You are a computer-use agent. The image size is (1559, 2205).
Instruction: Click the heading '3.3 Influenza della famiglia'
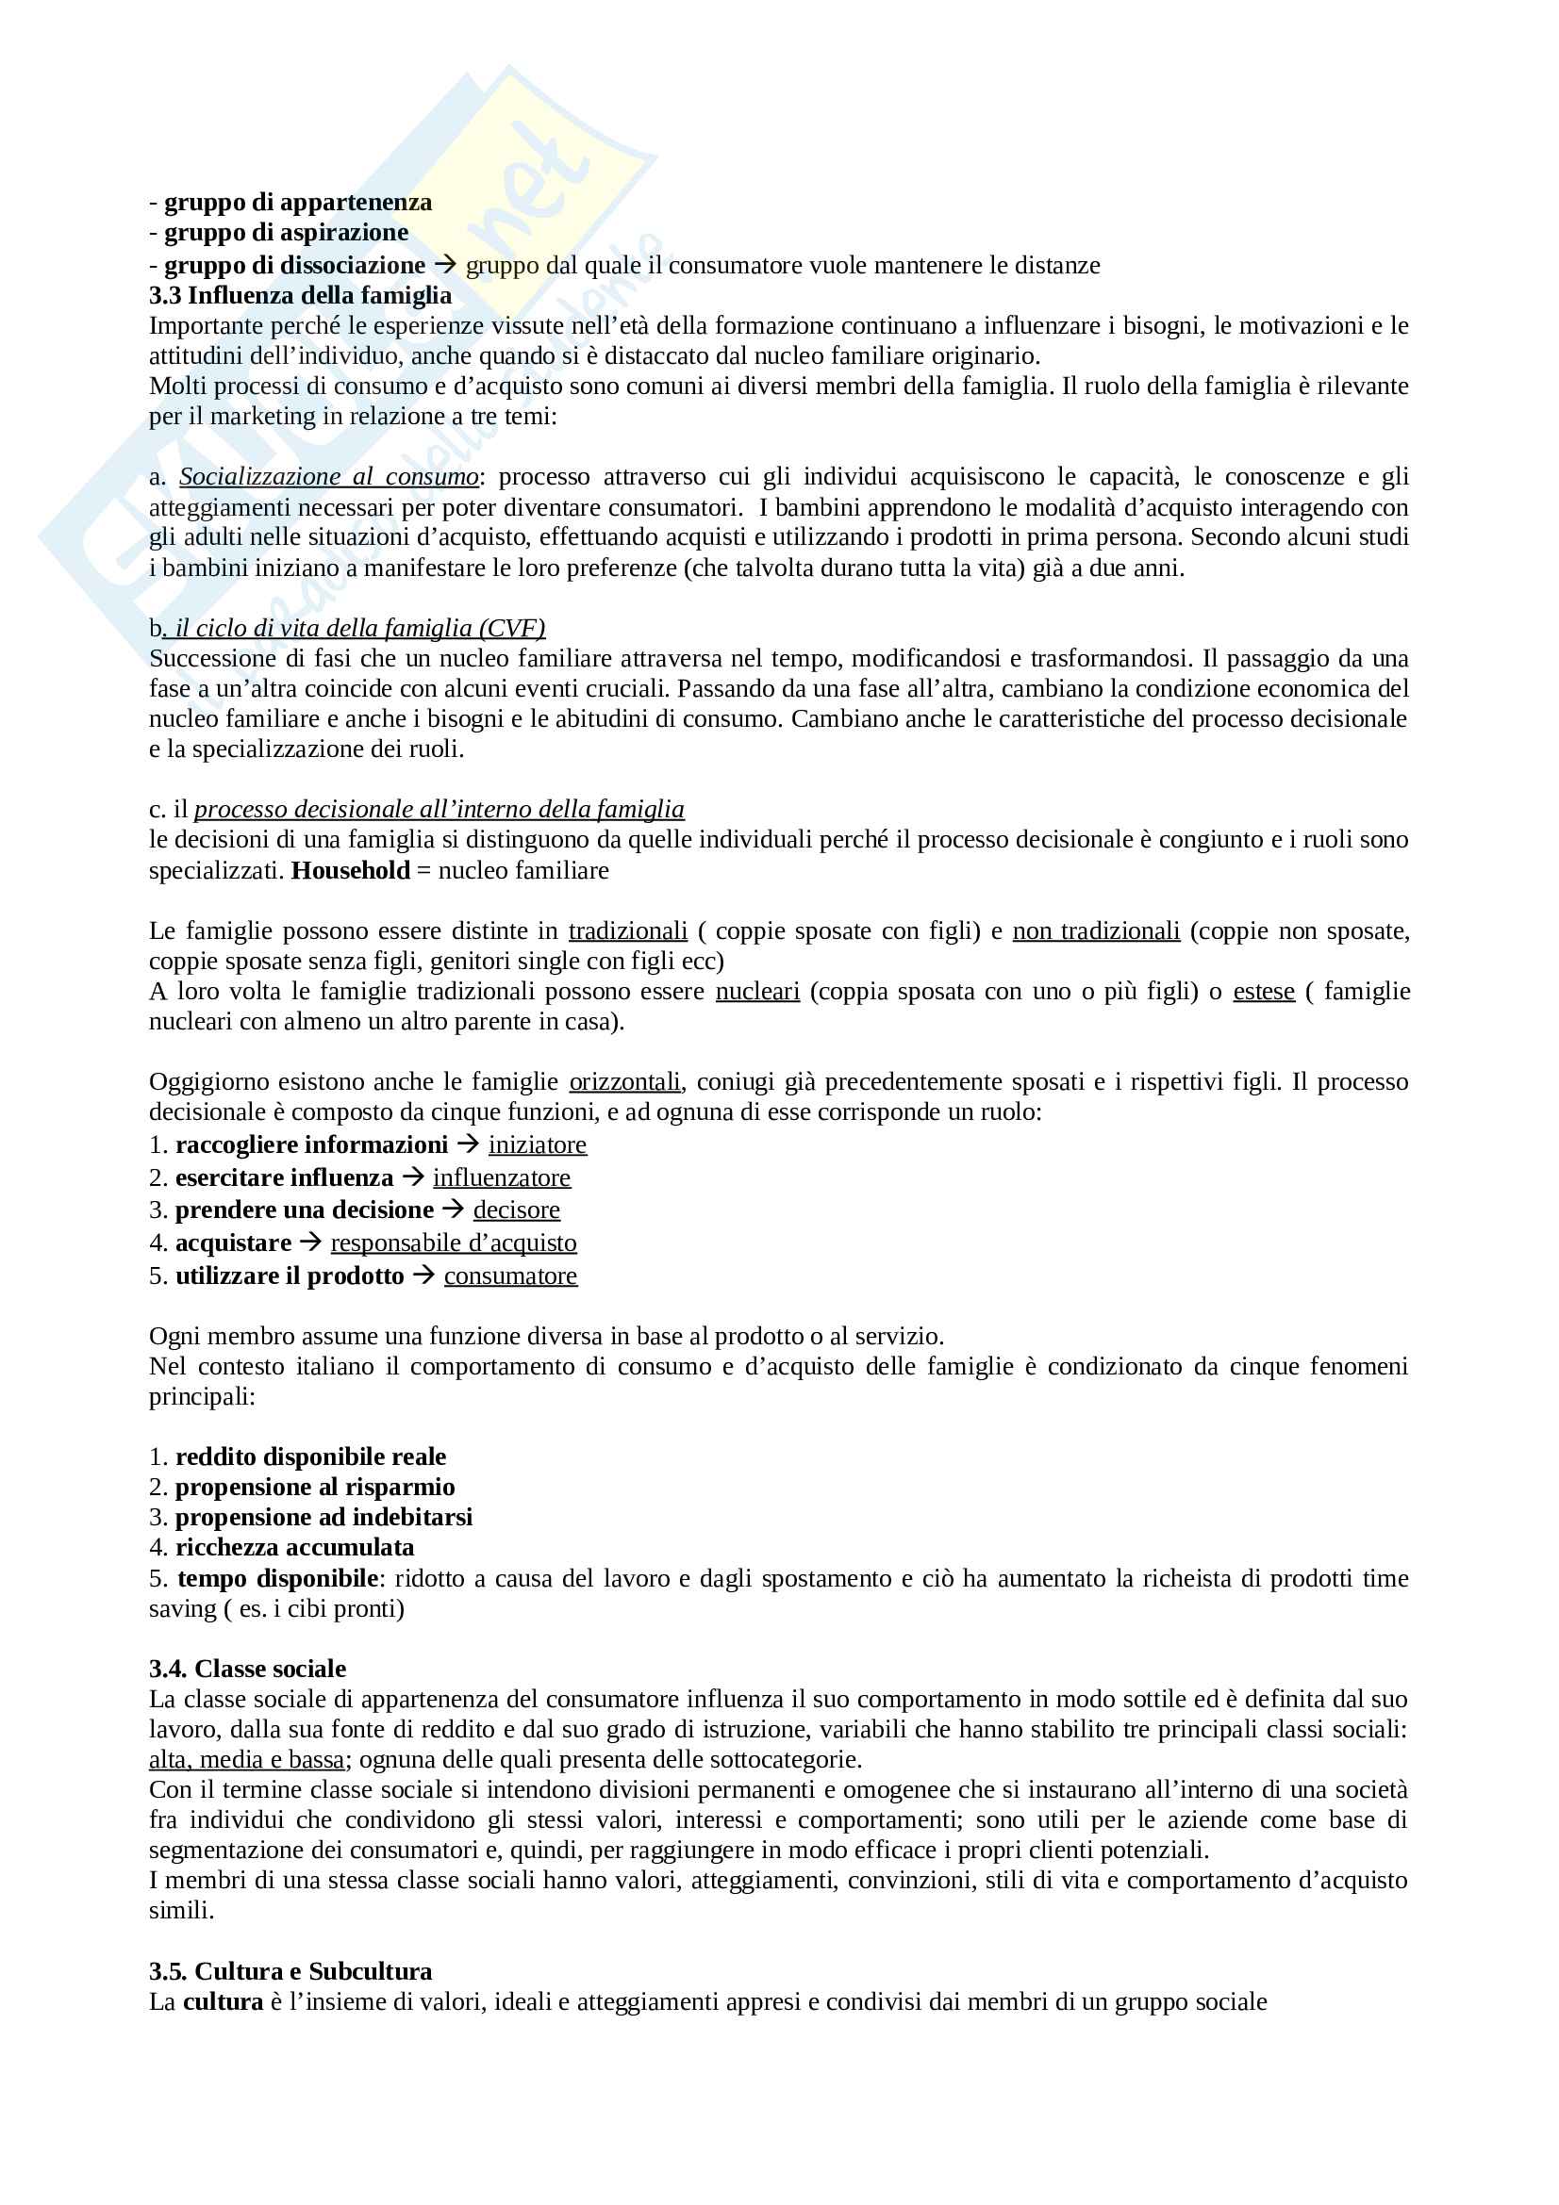pyautogui.click(x=301, y=296)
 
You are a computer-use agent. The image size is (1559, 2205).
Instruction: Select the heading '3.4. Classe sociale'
pyautogui.click(x=248, y=1669)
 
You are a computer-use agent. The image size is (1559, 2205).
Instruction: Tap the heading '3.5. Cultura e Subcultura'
pyautogui.click(x=290, y=1971)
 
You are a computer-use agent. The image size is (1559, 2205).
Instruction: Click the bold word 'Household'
pyautogui.click(x=351, y=870)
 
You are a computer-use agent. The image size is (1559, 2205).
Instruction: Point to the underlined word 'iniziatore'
pyautogui.click(x=537, y=1144)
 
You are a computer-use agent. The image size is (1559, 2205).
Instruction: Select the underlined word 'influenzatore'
pyautogui.click(x=502, y=1177)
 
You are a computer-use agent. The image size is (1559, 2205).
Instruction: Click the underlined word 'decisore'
pyautogui.click(x=516, y=1210)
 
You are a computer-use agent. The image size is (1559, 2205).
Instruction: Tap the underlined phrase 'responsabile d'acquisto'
pyautogui.click(x=454, y=1242)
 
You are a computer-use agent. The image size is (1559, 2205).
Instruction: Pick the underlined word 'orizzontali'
pyautogui.click(x=625, y=1081)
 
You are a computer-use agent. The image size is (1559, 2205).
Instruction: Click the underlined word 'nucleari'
pyautogui.click(x=757, y=991)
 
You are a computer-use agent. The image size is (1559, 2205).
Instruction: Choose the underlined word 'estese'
pyautogui.click(x=1263, y=991)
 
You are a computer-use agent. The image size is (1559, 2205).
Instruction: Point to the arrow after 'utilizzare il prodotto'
pyautogui.click(x=423, y=1275)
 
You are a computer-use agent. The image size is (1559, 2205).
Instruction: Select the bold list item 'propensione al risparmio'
pyautogui.click(x=315, y=1487)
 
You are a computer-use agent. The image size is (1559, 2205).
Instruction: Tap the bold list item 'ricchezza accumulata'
pyautogui.click(x=295, y=1547)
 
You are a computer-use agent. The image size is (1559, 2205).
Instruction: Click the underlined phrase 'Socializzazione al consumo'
pyautogui.click(x=328, y=476)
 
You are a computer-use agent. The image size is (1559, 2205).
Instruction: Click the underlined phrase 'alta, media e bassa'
pyautogui.click(x=247, y=1759)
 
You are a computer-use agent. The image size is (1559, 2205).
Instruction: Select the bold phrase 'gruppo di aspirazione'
pyautogui.click(x=287, y=233)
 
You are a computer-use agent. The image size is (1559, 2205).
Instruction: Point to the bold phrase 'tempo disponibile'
pyautogui.click(x=277, y=1578)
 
